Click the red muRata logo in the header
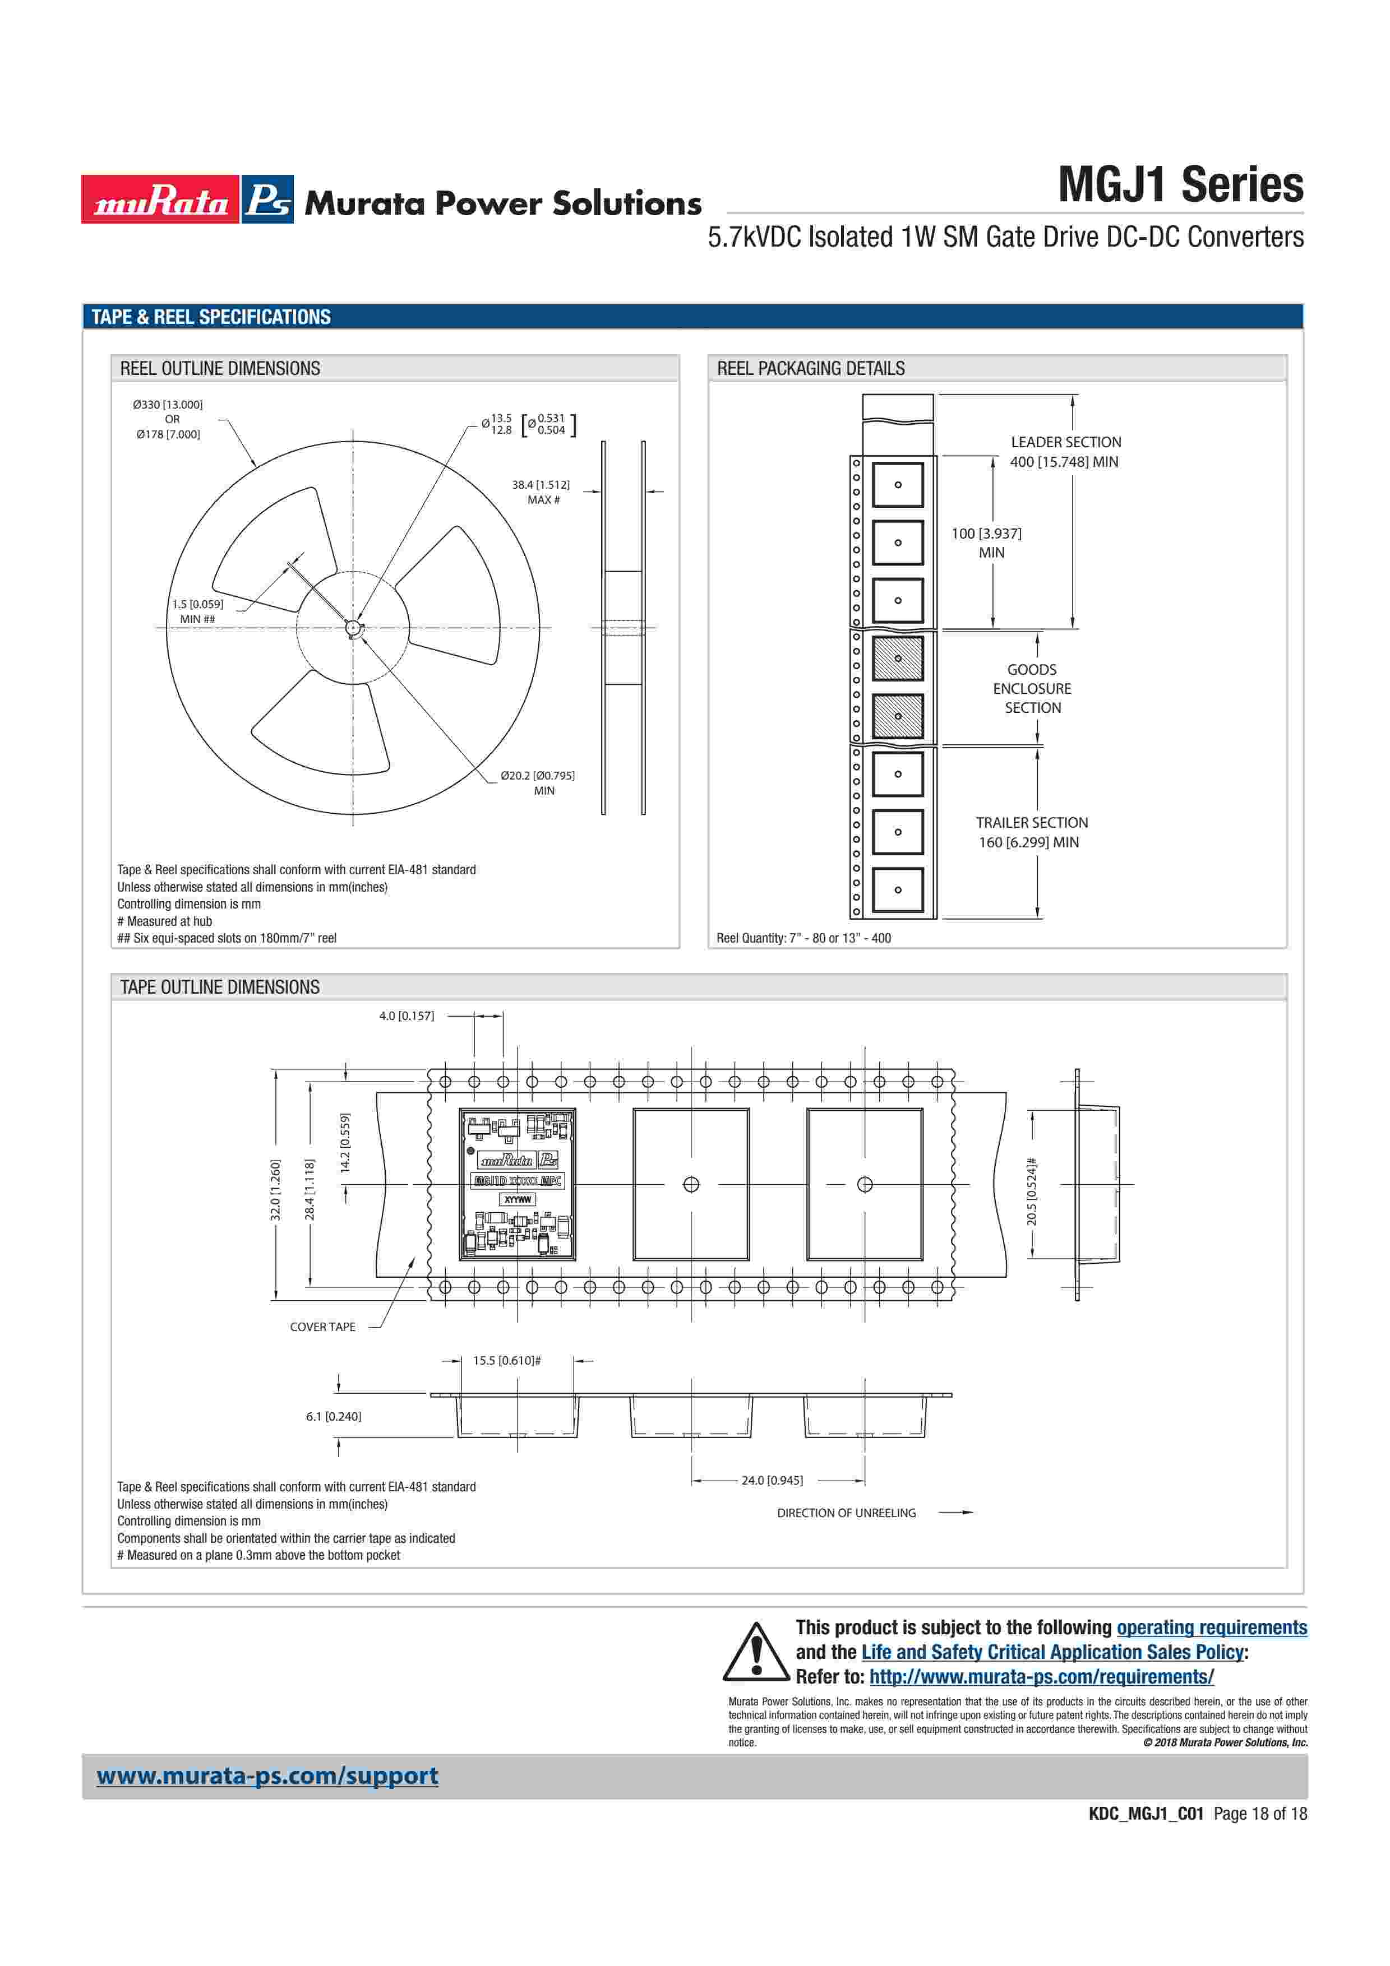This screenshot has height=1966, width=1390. (160, 200)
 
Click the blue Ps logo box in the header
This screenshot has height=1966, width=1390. (267, 200)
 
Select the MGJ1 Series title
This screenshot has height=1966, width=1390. (1180, 185)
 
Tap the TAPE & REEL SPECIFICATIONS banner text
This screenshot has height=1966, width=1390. (211, 317)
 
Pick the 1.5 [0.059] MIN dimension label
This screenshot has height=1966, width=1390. (198, 611)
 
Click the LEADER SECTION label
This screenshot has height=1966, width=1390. (1065, 442)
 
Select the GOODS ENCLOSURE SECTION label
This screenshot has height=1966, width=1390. (1032, 688)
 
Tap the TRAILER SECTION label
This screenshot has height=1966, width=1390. (1032, 822)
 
